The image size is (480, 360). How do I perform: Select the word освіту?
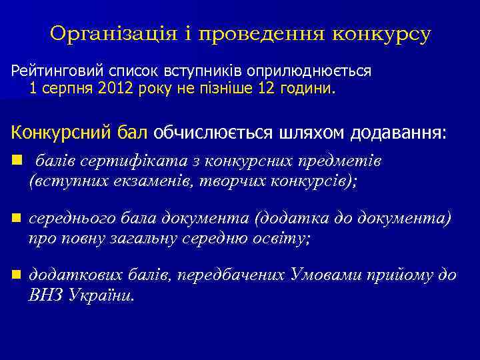(x=281, y=237)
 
